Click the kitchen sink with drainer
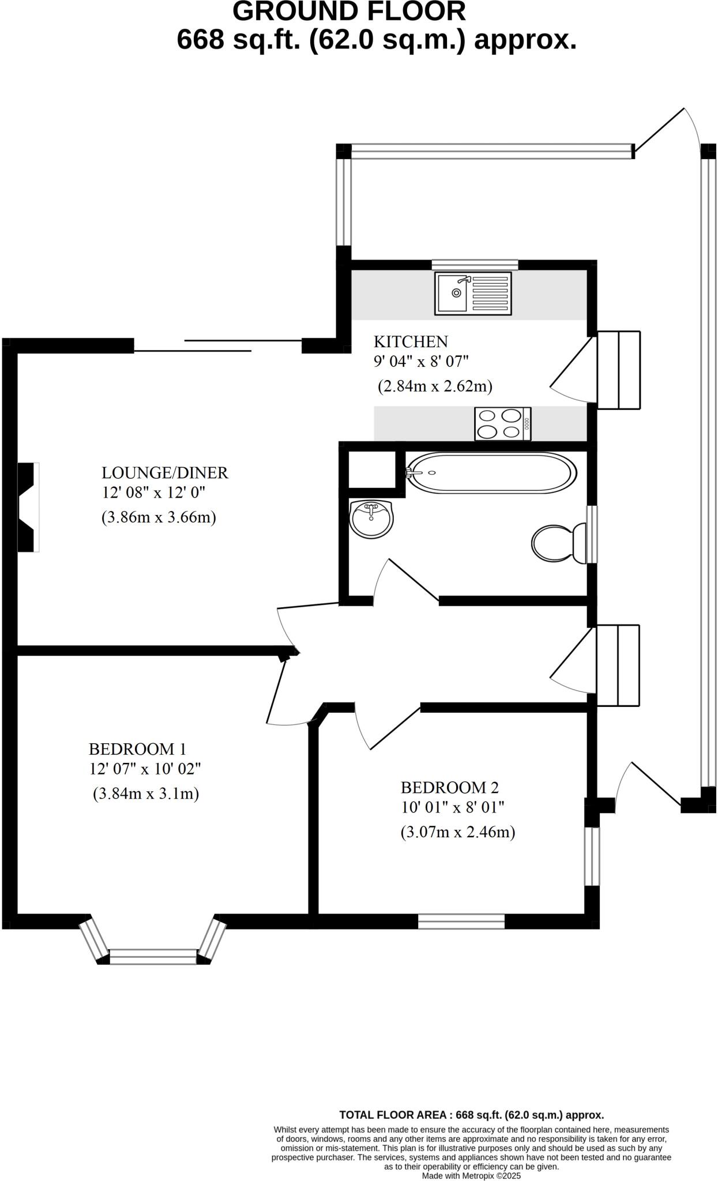point(473,294)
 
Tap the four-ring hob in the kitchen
point(502,424)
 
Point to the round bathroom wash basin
point(371,518)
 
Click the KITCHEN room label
point(411,342)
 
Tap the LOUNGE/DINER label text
point(165,473)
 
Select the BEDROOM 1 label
point(137,749)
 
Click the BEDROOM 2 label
point(450,787)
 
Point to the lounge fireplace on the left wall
point(28,507)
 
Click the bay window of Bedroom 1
point(153,956)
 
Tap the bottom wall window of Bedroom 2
point(461,921)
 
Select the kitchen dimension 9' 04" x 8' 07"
point(421,362)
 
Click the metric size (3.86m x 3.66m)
point(159,517)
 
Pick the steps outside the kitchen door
point(618,370)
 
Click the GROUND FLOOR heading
point(349,12)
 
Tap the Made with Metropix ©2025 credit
point(471,1175)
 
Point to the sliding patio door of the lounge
point(218,345)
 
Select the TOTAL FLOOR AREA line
point(471,1115)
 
